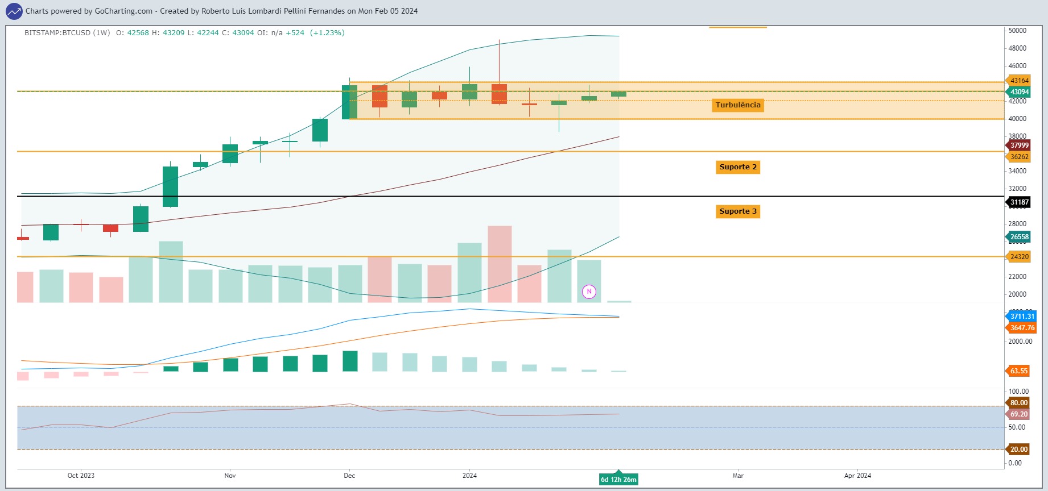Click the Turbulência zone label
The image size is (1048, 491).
(x=738, y=105)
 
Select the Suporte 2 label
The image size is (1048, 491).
(x=738, y=167)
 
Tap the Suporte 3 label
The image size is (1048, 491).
(x=738, y=211)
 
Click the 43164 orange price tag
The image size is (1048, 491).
(x=1018, y=81)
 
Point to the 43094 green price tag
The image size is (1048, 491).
(x=1018, y=92)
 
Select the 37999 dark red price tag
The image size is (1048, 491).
(x=1018, y=145)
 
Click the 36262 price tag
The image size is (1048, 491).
(x=1018, y=157)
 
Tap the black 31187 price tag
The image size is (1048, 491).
(x=1018, y=202)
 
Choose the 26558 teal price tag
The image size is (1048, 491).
(x=1018, y=237)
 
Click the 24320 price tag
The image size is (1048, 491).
(x=1018, y=257)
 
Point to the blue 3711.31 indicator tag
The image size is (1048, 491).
(x=1021, y=317)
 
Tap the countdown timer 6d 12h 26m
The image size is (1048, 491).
(x=618, y=480)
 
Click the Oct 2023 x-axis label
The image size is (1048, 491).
(x=81, y=476)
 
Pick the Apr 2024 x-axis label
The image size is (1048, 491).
(x=857, y=476)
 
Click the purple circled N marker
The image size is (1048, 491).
(x=589, y=292)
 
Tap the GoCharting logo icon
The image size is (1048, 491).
(x=14, y=11)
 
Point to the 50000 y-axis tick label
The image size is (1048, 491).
(x=1017, y=31)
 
